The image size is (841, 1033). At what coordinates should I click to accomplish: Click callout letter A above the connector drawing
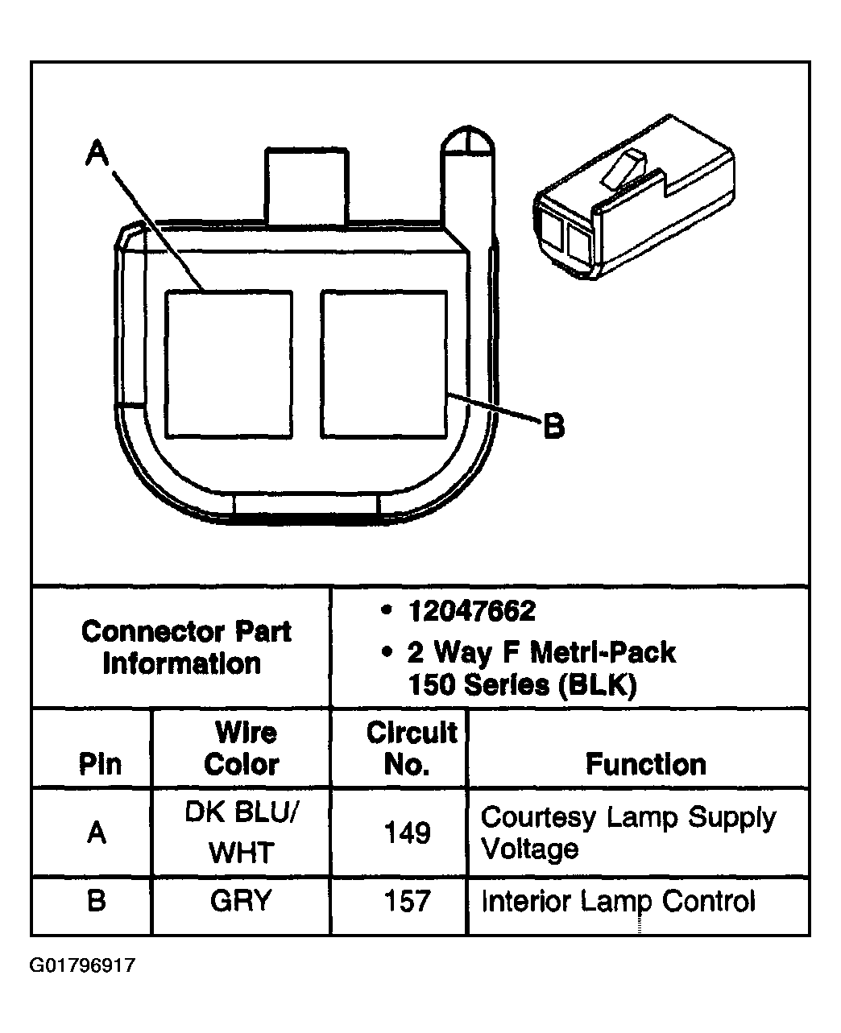pyautogui.click(x=97, y=152)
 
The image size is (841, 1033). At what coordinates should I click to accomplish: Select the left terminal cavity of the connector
pyautogui.click(x=229, y=364)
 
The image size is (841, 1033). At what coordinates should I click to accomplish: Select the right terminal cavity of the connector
pyautogui.click(x=383, y=364)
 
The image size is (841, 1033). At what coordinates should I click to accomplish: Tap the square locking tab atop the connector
pyautogui.click(x=306, y=185)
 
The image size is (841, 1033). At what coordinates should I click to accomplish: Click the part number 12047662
pyautogui.click(x=471, y=611)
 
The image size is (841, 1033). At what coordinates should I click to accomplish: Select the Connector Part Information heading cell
pyautogui.click(x=186, y=647)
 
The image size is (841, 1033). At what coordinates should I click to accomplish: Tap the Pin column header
pyautogui.click(x=100, y=763)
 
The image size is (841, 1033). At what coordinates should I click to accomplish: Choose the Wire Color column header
pyautogui.click(x=242, y=748)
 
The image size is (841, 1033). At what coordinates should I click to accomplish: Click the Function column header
pyautogui.click(x=645, y=763)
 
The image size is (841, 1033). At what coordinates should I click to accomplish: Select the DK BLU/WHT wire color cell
pyautogui.click(x=242, y=832)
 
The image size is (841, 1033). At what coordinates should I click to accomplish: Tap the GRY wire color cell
pyautogui.click(x=242, y=900)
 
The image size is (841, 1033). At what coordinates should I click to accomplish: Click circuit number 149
pyautogui.click(x=408, y=833)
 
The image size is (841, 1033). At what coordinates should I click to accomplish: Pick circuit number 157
pyautogui.click(x=408, y=900)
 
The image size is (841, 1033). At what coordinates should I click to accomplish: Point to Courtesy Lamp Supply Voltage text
pyautogui.click(x=628, y=833)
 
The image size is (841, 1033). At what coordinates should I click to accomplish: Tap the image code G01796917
pyautogui.click(x=83, y=965)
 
